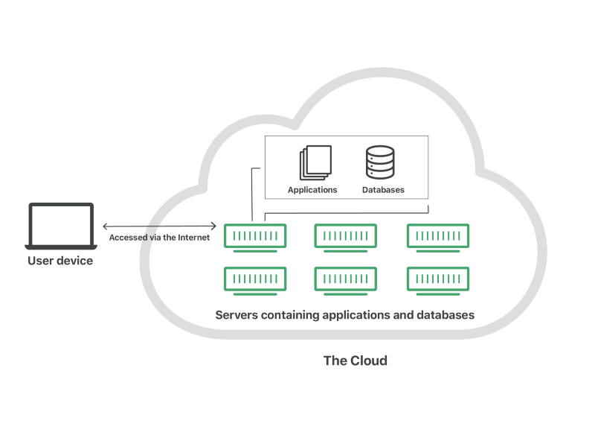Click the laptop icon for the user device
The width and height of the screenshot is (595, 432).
click(x=61, y=226)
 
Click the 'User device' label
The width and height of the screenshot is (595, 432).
click(x=60, y=261)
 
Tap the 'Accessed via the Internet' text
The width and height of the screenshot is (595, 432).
click(x=159, y=238)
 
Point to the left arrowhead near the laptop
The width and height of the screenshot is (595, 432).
click(x=105, y=226)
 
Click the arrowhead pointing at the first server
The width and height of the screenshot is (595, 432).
click(x=214, y=226)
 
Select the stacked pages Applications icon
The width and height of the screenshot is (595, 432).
click(x=315, y=162)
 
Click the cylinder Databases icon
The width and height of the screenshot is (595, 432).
click(x=380, y=162)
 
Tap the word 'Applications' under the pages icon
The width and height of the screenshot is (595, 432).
click(x=312, y=190)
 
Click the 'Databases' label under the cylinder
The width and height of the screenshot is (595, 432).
click(x=383, y=190)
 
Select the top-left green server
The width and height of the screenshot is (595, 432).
click(x=255, y=236)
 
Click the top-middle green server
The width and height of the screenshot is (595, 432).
click(x=345, y=236)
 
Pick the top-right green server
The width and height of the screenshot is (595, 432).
click(x=438, y=236)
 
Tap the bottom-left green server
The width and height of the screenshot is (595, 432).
click(x=255, y=279)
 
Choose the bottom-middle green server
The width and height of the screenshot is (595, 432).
click(x=345, y=279)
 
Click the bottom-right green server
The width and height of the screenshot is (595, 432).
click(x=438, y=279)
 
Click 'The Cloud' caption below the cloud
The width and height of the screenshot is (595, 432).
click(x=355, y=360)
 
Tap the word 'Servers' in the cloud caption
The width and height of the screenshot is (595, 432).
click(x=237, y=315)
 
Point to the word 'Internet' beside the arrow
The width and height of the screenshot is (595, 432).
click(x=193, y=238)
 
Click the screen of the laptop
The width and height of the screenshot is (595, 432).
click(x=61, y=223)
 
